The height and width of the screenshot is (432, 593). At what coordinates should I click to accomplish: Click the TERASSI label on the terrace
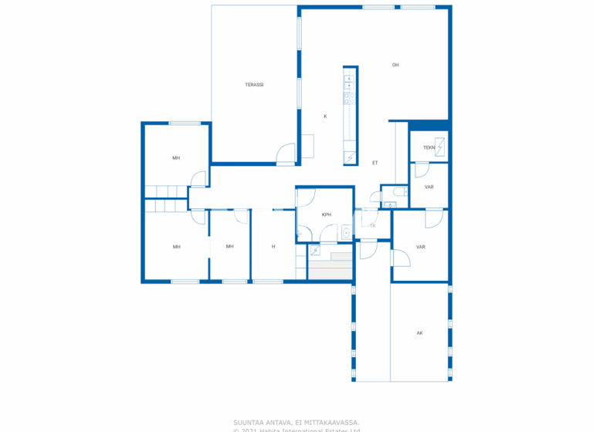coord(255,85)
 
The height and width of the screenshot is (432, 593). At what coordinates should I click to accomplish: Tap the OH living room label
coord(395,65)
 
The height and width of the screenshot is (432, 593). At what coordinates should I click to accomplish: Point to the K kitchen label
coord(325,116)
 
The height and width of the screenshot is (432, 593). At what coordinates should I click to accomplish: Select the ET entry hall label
coord(375,163)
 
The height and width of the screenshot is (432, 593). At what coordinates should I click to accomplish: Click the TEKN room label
coord(429,147)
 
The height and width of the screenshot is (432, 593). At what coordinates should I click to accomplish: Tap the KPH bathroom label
coord(327,214)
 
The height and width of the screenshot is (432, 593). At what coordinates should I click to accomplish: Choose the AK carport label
coord(419,333)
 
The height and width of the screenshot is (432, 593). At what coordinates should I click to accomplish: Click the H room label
coord(273,247)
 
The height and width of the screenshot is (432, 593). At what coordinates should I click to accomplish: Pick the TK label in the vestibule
coord(372,226)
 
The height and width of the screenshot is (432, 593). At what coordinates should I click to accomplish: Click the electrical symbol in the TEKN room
coord(440,146)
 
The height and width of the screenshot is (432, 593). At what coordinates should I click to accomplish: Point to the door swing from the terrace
coord(286,154)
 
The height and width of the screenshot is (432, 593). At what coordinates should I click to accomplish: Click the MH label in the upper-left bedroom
coord(176,158)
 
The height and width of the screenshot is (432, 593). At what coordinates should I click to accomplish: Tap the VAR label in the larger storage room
coord(421,247)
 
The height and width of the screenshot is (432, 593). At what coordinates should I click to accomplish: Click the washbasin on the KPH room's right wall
coord(347,231)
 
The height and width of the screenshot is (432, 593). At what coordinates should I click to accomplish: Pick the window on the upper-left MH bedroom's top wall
coord(185,123)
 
